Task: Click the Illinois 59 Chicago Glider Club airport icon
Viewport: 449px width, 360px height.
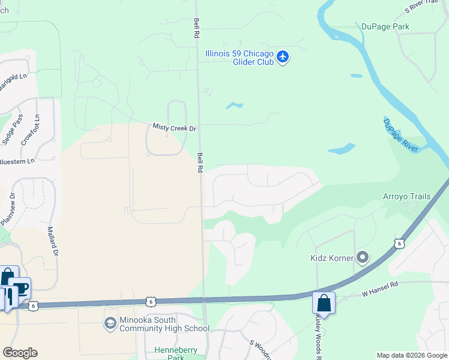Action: (283, 58)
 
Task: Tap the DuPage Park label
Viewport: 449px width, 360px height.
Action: (385, 26)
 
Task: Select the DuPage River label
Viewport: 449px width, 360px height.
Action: (400, 135)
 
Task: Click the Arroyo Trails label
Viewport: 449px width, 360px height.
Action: (407, 196)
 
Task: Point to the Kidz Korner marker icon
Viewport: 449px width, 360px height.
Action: (362, 258)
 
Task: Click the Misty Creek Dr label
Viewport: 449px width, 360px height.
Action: (175, 128)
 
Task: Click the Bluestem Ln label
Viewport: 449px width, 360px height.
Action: (17, 161)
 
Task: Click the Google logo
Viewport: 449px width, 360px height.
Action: (20, 353)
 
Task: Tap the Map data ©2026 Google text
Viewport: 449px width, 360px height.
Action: (411, 355)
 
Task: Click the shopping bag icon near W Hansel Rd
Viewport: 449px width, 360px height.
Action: (324, 304)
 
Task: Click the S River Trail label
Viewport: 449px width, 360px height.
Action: (423, 6)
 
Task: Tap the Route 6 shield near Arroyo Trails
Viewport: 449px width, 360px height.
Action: (398, 242)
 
